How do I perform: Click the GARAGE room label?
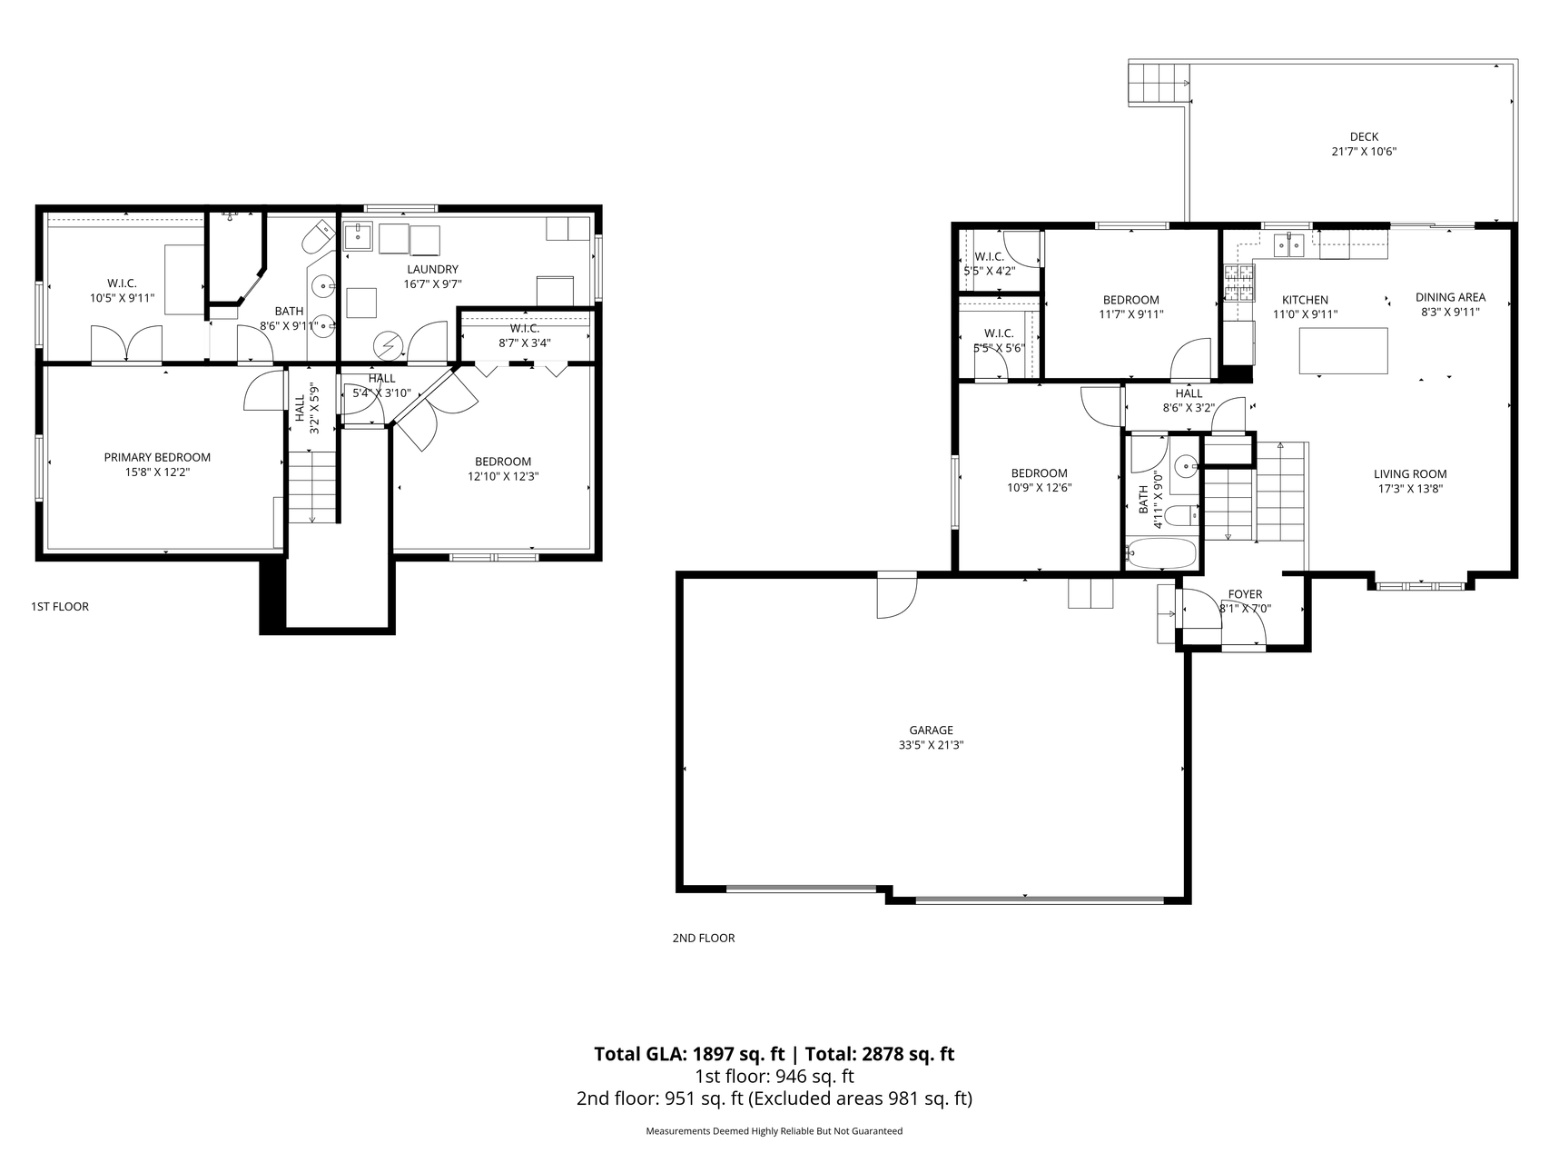coord(931,730)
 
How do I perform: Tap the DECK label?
coord(1363,137)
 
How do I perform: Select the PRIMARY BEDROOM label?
coord(157,457)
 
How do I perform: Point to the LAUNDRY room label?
coord(432,269)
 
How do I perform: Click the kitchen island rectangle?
coord(1344,351)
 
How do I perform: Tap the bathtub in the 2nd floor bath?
coord(1161,552)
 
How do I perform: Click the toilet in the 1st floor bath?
coord(318,238)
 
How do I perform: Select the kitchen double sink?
coord(1289,244)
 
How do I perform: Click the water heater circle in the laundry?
coord(390,345)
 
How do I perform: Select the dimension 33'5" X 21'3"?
coord(931,745)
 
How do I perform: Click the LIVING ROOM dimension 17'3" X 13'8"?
coord(1409,488)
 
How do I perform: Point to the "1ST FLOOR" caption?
coord(60,606)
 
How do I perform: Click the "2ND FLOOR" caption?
coord(704,938)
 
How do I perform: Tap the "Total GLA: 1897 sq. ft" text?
coord(689,1054)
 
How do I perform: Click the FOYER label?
coord(1245,594)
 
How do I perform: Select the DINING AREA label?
coord(1450,297)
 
